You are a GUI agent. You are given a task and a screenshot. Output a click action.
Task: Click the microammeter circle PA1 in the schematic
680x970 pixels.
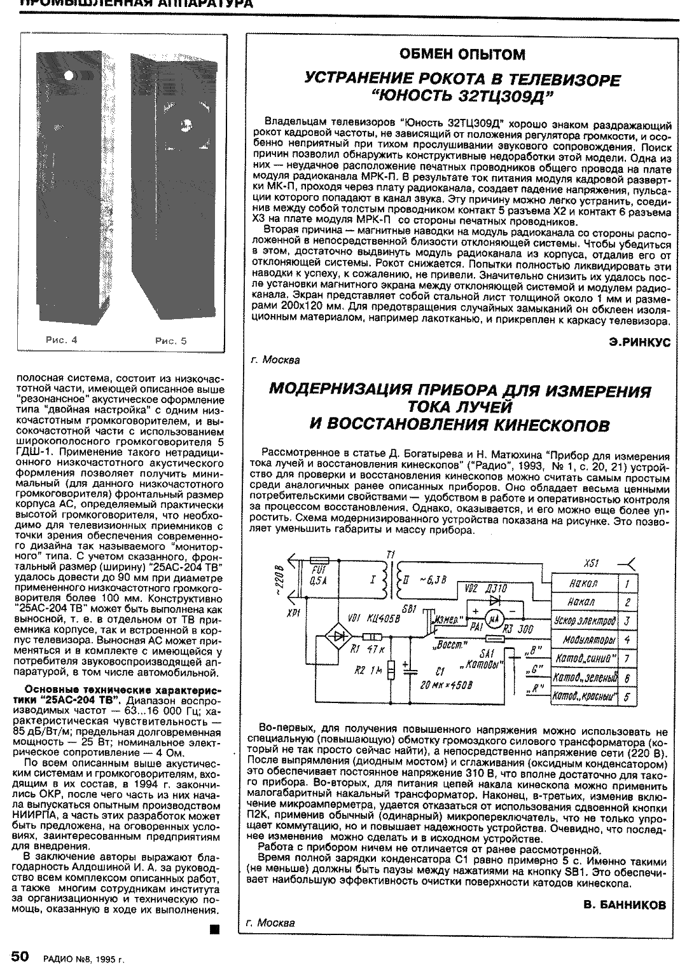(494, 618)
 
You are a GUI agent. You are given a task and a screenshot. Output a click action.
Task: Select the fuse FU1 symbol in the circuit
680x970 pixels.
(317, 560)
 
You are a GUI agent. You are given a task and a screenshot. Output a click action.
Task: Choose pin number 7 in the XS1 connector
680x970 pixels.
(627, 659)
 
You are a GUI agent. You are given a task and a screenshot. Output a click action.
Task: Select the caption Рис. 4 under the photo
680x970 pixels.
(62, 340)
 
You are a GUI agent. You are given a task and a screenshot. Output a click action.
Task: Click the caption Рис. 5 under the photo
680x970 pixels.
(171, 341)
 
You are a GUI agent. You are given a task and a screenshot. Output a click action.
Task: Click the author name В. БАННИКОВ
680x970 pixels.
(625, 904)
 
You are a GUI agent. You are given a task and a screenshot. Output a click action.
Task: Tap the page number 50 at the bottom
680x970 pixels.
(20, 957)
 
